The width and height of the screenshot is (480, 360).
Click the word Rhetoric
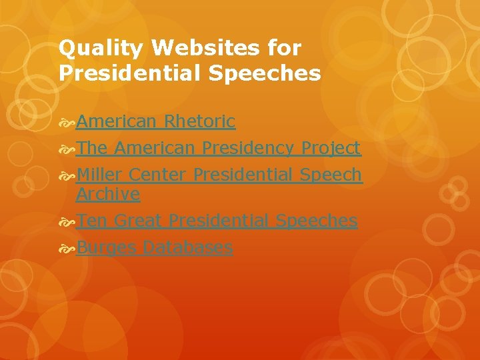pyautogui.click(x=199, y=121)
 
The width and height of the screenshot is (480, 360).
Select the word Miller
pyautogui.click(x=99, y=175)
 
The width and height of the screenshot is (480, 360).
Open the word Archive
pyautogui.click(x=108, y=194)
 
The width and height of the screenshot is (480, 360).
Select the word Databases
pyautogui.click(x=188, y=247)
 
